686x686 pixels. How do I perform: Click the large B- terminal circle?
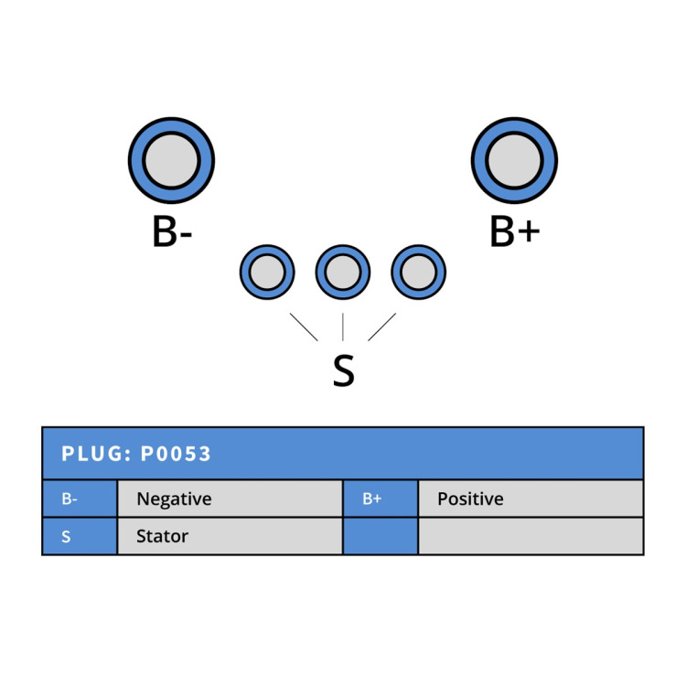click(172, 160)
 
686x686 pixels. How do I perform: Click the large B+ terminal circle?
click(514, 160)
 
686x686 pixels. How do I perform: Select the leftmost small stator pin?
click(267, 273)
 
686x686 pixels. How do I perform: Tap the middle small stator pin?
click(343, 273)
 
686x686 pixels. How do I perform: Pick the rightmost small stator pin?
click(419, 273)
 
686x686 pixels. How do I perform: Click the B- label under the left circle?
click(172, 231)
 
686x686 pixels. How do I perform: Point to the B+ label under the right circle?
click(515, 231)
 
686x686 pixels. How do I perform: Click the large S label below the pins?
click(343, 370)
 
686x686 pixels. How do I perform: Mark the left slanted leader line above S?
click(304, 327)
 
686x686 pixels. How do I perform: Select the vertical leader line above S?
click(343, 327)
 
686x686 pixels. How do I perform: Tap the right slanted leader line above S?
click(382, 327)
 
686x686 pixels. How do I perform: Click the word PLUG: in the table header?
click(97, 454)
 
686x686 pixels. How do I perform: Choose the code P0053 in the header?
click(176, 454)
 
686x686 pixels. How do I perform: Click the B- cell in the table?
click(80, 498)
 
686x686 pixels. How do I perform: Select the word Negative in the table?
click(174, 499)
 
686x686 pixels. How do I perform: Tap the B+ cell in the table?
click(381, 498)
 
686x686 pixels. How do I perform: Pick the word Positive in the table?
click(470, 498)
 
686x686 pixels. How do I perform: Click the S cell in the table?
click(80, 536)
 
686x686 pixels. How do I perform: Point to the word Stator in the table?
click(162, 536)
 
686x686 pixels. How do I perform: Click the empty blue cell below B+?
click(381, 536)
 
